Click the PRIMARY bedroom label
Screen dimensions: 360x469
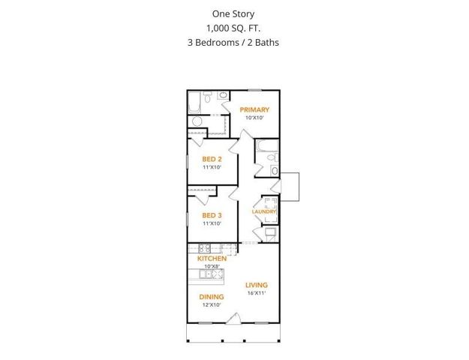click(x=254, y=109)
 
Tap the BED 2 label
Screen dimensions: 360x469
click(x=212, y=159)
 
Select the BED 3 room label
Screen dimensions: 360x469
click(x=212, y=215)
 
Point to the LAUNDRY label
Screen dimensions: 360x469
click(x=264, y=211)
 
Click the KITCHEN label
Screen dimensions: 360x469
click(x=212, y=258)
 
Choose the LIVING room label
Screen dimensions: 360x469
click(x=257, y=285)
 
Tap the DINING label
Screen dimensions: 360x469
click(x=212, y=296)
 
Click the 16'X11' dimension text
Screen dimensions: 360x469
click(x=257, y=293)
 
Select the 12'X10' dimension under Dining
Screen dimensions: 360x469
click(x=212, y=304)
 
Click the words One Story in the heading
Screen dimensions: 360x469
click(x=233, y=13)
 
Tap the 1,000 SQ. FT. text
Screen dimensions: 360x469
click(x=233, y=28)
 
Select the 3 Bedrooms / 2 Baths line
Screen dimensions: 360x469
click(x=233, y=42)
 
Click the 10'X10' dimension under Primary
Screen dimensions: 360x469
click(x=254, y=118)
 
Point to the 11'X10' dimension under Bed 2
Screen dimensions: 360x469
click(x=212, y=167)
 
